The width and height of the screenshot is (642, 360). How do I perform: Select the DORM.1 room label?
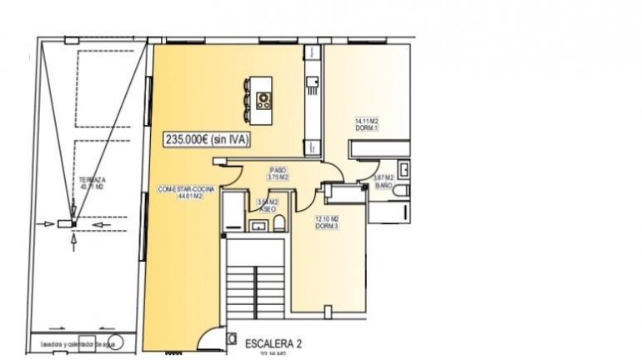tap(368, 127)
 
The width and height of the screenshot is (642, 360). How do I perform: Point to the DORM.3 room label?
tap(327, 226)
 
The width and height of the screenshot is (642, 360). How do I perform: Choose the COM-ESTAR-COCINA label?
tap(187, 190)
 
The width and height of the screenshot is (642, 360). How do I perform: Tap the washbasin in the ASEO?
tap(258, 225)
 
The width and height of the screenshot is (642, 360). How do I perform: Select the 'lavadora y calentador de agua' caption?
tap(69, 342)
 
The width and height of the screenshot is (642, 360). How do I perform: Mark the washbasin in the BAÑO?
tap(404, 170)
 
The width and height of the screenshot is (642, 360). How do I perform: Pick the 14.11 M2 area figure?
tap(367, 122)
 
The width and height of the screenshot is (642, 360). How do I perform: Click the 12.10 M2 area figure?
tap(327, 219)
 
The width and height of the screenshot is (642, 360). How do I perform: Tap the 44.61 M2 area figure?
tap(187, 197)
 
